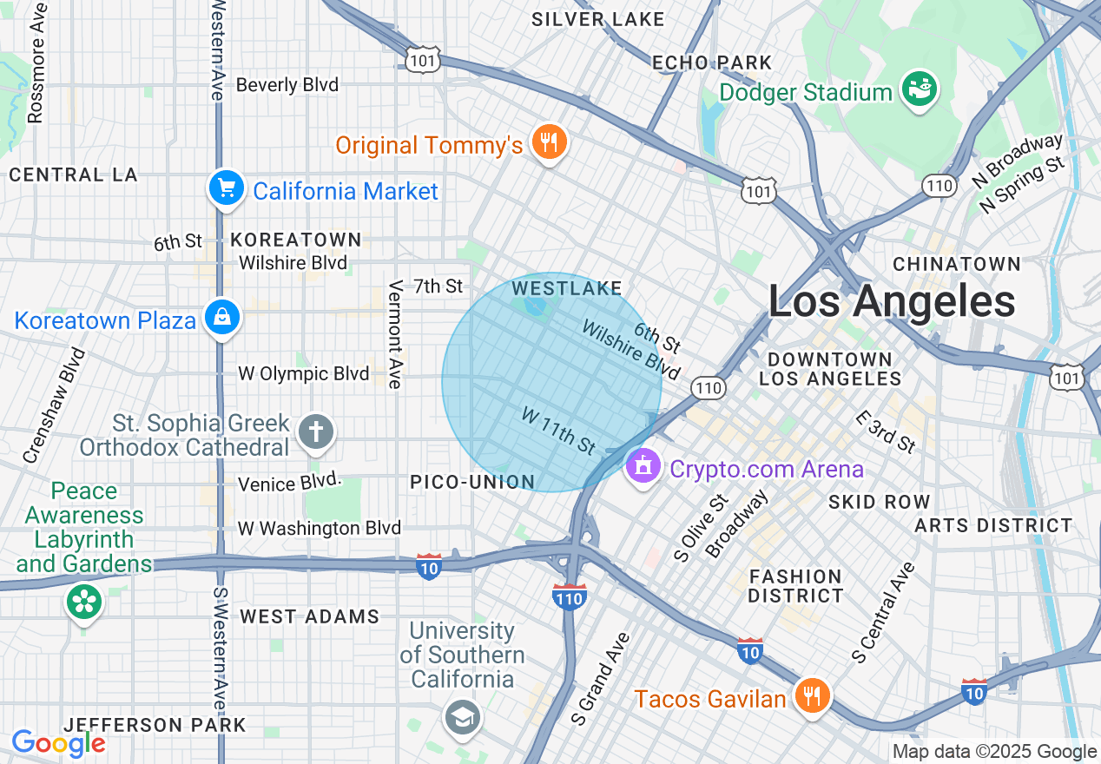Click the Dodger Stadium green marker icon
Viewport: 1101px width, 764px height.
[919, 89]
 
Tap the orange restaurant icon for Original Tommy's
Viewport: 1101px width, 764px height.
[548, 142]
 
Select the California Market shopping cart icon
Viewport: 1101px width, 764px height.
[226, 188]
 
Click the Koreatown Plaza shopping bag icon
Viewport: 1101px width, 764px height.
[223, 319]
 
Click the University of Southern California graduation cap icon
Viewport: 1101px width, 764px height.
[463, 717]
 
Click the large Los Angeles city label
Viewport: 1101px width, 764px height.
[892, 302]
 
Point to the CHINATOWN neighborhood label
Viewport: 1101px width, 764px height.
[957, 264]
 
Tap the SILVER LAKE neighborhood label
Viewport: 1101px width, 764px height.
[597, 19]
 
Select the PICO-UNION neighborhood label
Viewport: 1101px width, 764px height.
[472, 482]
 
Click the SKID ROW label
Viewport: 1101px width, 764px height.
[879, 502]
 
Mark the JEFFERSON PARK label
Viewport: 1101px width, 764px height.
[155, 725]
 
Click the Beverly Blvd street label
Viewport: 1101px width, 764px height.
[287, 85]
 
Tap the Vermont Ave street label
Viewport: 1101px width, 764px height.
[396, 334]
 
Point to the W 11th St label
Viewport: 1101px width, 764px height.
[558, 431]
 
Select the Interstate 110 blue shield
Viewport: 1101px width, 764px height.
[569, 596]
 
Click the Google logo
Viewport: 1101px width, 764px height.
[58, 744]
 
